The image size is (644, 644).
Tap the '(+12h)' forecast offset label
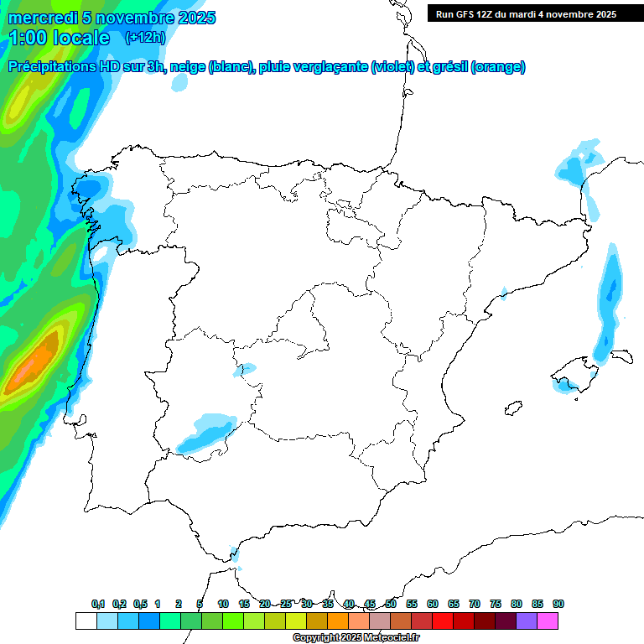click(x=145, y=37)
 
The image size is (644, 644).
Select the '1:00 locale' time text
click(x=59, y=38)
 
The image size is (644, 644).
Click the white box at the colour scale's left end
click(x=86, y=621)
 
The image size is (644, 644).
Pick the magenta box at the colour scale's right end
click(x=548, y=621)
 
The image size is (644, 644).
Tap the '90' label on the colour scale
click(x=558, y=605)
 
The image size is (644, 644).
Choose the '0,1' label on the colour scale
click(x=98, y=605)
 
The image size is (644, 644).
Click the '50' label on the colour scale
click(x=391, y=605)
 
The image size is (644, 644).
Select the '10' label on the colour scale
click(x=223, y=605)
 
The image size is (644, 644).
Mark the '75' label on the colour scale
click(x=496, y=605)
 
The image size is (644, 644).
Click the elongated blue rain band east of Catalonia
click(x=610, y=306)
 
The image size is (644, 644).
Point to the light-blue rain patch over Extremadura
click(x=206, y=432)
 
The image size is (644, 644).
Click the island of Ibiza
click(x=511, y=408)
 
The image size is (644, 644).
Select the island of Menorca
click(x=621, y=356)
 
